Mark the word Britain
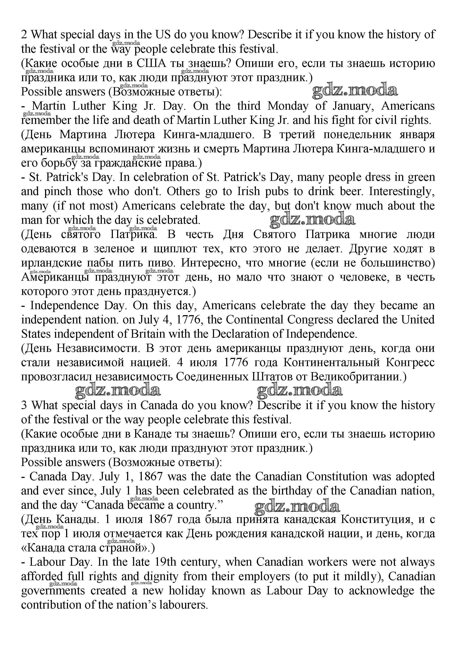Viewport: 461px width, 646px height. [148, 334]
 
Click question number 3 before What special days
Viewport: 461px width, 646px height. [24, 405]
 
